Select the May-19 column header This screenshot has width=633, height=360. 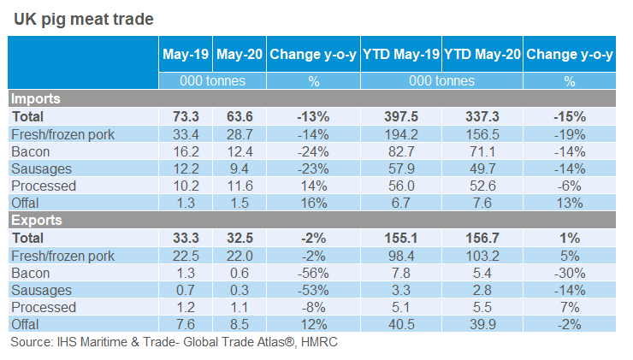185,55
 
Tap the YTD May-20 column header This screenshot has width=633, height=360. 482,55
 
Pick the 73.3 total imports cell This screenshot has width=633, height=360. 185,116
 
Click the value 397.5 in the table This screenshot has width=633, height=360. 401,116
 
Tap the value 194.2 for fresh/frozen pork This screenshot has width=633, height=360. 401,134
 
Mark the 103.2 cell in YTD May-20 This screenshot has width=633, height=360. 482,256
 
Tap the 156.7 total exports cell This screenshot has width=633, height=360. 482,238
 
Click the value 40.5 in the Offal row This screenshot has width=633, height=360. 401,324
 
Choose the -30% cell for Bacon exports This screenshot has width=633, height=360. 570,273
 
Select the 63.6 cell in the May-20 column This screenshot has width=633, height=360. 239,116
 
